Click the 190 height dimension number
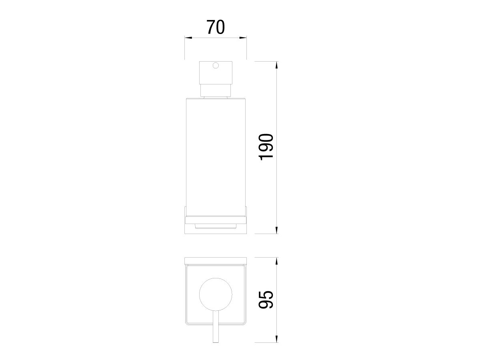266,147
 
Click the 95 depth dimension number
266,300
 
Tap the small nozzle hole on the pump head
216,65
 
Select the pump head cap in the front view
216,73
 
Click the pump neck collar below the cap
216,90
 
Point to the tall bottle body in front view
216,157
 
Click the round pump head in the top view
216,294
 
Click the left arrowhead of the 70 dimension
188,38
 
